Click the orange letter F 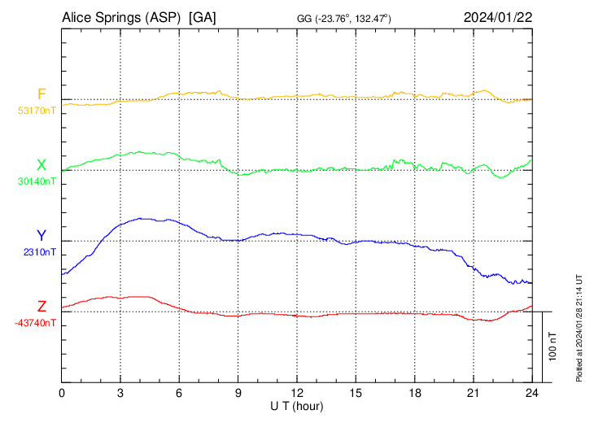pyautogui.click(x=41, y=94)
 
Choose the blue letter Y pyautogui.click(x=41, y=236)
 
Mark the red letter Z pyautogui.click(x=41, y=307)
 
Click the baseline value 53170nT pyautogui.click(x=37, y=111)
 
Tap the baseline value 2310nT pyautogui.click(x=40, y=252)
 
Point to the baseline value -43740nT pyautogui.click(x=35, y=323)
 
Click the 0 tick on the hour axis pyautogui.click(x=62, y=393)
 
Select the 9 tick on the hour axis pyautogui.click(x=238, y=393)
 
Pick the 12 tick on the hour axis pyautogui.click(x=297, y=393)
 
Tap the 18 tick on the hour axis pyautogui.click(x=414, y=393)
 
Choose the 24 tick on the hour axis pyautogui.click(x=531, y=393)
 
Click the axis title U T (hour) pyautogui.click(x=297, y=406)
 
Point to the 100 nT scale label pyautogui.click(x=553, y=347)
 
